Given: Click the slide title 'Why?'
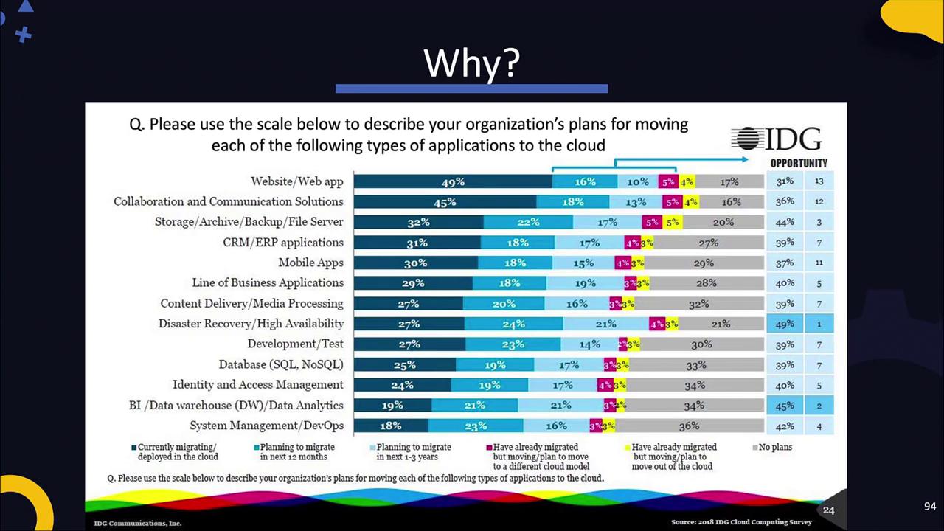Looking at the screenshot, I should point(471,63).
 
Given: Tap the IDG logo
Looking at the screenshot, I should point(776,139).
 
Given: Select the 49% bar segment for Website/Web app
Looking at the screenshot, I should point(453,181).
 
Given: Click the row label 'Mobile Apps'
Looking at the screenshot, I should point(310,263).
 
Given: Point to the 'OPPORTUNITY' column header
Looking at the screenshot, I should point(799,163).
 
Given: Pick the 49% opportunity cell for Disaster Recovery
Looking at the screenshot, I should point(785,324).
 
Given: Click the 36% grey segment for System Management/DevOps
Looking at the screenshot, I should point(689,426).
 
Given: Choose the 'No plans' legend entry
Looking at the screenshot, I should point(775,447).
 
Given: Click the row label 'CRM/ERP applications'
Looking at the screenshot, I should point(283,243).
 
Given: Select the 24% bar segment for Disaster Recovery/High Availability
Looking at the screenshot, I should point(513,324).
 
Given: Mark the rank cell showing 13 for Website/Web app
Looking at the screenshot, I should point(819,181).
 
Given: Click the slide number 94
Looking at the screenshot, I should point(929,507).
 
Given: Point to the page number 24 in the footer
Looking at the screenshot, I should point(829,510).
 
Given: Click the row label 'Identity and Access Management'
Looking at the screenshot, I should point(257,385).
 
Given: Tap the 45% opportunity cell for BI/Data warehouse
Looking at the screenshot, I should point(785,405).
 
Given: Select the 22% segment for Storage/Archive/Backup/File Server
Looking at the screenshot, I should point(528,222).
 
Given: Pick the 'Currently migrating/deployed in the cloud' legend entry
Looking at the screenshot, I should point(177,452).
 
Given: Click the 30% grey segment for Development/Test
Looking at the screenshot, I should point(701,344).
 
